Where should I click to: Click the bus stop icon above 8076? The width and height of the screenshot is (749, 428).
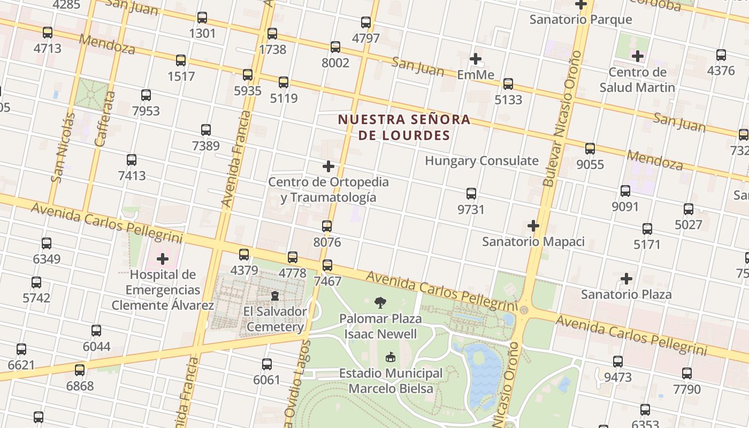point(327,226)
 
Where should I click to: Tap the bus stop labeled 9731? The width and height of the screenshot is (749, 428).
point(471,194)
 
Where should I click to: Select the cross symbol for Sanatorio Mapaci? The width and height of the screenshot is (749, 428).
point(533,226)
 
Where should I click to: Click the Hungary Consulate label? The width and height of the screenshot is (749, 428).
point(481,160)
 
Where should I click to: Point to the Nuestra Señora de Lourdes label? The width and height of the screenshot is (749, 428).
point(404,127)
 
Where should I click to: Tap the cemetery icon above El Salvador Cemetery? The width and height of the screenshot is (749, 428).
point(275,295)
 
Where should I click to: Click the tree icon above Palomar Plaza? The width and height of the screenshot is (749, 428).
point(380,303)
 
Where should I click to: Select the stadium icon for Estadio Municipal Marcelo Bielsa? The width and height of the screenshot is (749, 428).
point(391,357)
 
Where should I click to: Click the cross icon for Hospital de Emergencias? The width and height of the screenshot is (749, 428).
point(163,259)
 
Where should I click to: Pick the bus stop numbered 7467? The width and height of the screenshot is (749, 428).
point(327,265)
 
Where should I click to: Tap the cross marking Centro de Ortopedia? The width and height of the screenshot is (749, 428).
point(328,166)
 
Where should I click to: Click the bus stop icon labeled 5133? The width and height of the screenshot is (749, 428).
point(508,84)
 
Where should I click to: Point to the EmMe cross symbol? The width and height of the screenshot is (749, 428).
point(475,59)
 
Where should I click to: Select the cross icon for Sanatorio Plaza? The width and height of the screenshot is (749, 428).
point(626,279)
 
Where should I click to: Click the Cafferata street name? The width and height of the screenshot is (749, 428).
point(105,119)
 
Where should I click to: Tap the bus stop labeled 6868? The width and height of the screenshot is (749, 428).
point(80,370)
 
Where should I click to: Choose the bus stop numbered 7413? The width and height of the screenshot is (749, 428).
point(132,160)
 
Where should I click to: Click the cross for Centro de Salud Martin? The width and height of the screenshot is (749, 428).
point(637,56)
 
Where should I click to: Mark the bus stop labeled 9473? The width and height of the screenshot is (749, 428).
point(618,362)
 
